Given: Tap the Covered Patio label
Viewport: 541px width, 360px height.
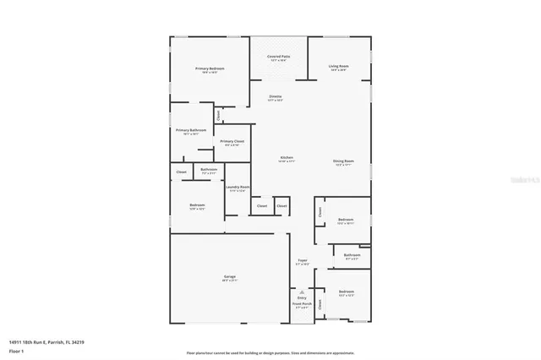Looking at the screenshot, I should click(x=279, y=57).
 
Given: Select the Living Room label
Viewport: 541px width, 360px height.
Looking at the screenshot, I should click(x=339, y=66).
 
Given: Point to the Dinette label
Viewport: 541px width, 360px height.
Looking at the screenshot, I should click(x=276, y=96).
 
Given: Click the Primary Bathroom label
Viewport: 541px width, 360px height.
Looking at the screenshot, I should click(x=191, y=130).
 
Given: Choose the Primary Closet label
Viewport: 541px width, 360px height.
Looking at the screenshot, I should click(x=232, y=141).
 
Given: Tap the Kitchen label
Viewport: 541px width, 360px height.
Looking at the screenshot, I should click(x=287, y=158).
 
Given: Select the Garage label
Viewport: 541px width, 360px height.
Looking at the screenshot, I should click(x=229, y=277).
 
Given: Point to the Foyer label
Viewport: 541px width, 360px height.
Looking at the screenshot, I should click(x=302, y=260).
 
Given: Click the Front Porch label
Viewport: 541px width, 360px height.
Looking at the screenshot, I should click(x=302, y=303).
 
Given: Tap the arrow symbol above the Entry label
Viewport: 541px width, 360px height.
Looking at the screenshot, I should click(x=302, y=291).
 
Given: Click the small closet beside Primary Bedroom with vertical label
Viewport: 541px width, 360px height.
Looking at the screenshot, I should click(x=218, y=115).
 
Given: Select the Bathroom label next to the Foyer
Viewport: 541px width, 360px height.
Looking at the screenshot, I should click(x=352, y=254).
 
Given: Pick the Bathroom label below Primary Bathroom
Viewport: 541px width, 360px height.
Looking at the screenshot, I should click(x=209, y=169).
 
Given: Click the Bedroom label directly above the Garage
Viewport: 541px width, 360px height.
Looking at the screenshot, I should click(x=197, y=205).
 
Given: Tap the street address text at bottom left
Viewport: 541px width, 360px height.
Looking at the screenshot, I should click(x=46, y=342).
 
